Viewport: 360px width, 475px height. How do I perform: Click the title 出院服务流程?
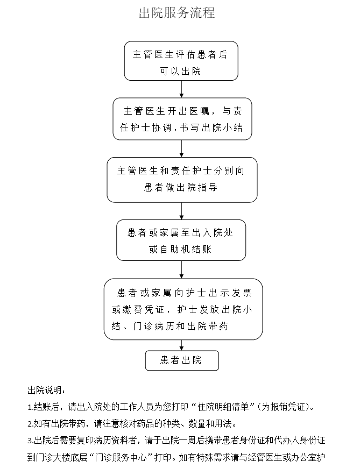[177, 13]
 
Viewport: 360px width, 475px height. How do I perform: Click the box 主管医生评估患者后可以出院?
[181, 61]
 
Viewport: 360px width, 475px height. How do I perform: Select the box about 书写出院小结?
[182, 119]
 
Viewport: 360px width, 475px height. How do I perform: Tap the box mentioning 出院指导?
[182, 180]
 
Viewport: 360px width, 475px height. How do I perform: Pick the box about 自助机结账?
[181, 240]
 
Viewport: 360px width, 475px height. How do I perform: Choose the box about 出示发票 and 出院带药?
[183, 309]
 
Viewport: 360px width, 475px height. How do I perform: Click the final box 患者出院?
[182, 360]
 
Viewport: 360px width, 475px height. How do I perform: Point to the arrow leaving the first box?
[181, 89]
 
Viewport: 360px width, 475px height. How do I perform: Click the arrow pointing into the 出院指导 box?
[181, 148]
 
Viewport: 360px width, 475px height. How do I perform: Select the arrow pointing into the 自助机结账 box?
[181, 211]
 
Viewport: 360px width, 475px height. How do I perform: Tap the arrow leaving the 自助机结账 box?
[181, 270]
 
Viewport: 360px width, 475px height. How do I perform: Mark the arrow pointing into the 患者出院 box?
[181, 345]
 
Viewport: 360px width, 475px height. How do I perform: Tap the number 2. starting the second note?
[30, 424]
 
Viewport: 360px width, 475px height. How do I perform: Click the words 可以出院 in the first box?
[181, 71]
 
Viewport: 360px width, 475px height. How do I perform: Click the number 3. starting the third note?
[30, 441]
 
